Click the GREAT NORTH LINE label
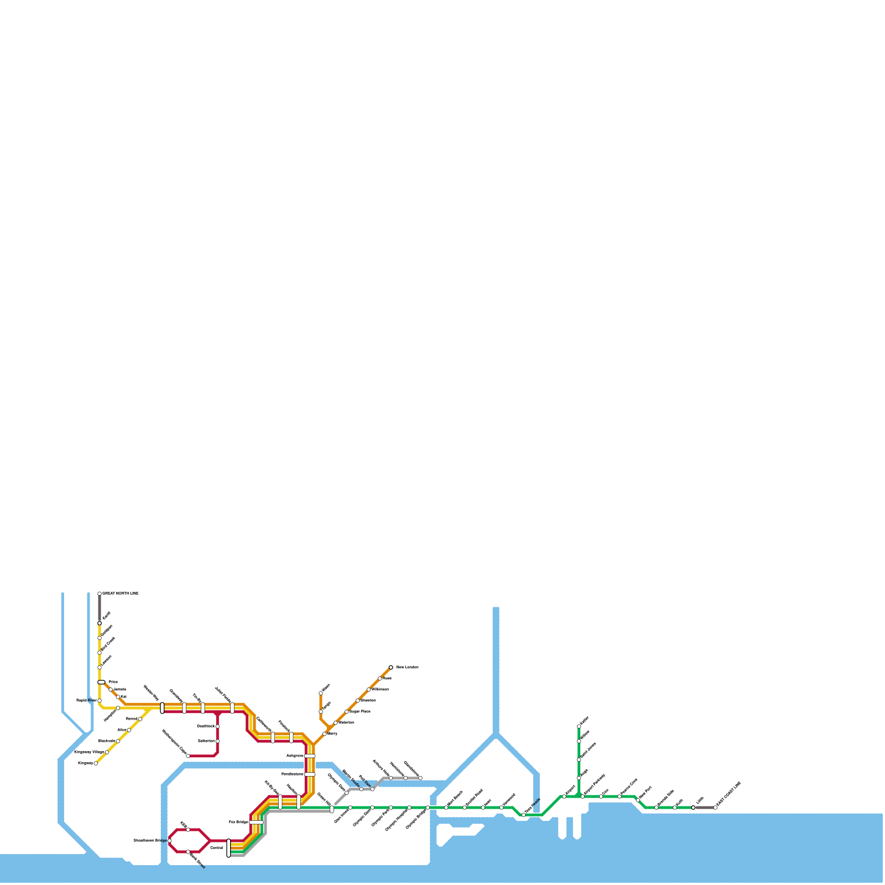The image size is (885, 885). pos(121,594)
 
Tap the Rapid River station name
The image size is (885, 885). pos(86,700)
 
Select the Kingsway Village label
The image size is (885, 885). pos(89,752)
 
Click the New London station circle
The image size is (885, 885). pos(391,667)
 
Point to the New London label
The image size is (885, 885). pos(408,668)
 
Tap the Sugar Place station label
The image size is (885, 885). pos(360,711)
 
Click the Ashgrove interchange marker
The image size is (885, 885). pos(310,756)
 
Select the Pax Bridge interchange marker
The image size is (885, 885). pos(256,822)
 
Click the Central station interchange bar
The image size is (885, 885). pos(228,848)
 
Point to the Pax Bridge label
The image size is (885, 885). pos(238,822)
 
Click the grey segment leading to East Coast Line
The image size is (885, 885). pos(704,808)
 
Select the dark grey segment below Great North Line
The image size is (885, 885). pos(100,608)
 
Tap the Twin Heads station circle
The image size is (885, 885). pos(524,815)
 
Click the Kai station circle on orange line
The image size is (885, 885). pos(118,697)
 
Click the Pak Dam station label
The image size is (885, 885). pos(365,781)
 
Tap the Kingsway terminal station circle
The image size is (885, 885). pos(96,763)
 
